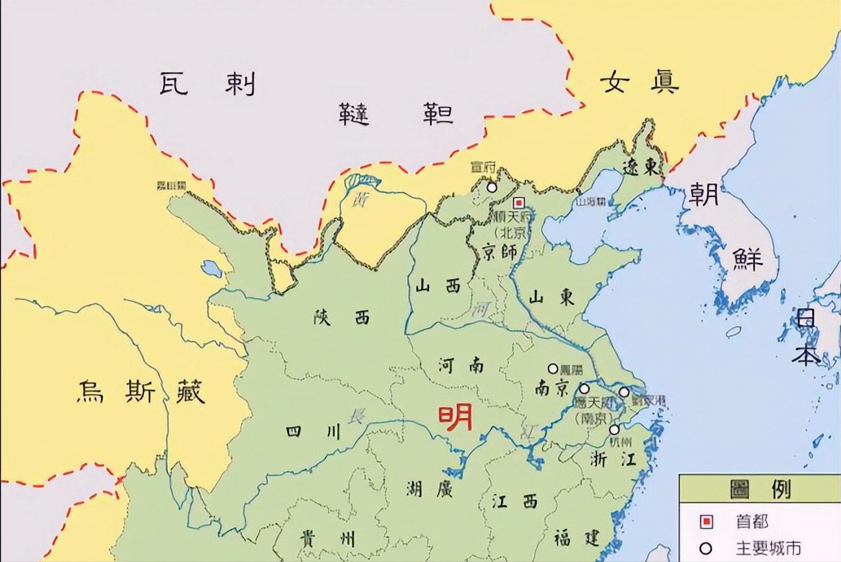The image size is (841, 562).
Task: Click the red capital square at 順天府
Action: coord(518,202)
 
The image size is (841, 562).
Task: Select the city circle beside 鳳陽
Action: coord(553,368)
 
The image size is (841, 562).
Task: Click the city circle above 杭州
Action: coord(614,428)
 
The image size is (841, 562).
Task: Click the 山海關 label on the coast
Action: coord(592,202)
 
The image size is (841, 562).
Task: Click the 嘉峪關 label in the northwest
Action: coord(171,185)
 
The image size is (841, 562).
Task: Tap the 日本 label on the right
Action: coord(806,337)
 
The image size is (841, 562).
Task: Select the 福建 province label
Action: coord(577,537)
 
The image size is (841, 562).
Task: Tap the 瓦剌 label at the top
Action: coord(207,84)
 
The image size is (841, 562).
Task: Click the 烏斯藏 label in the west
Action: coord(141,391)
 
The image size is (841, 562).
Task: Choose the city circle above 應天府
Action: coord(584,388)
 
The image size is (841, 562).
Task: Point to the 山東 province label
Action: coord(551,298)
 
